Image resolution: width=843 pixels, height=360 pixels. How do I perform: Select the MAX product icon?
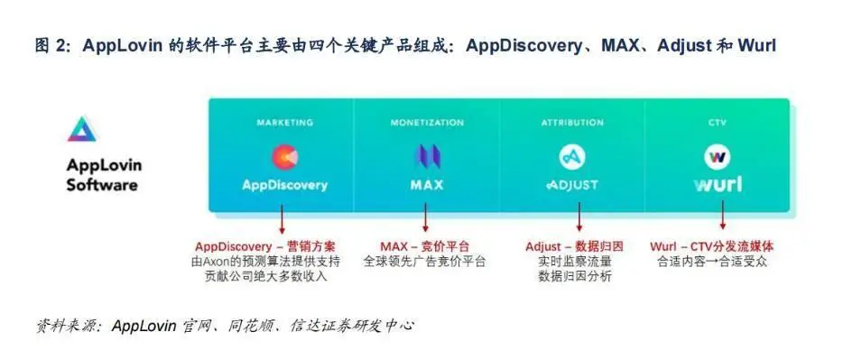point(427,157)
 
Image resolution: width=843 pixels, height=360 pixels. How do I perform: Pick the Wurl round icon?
point(718,157)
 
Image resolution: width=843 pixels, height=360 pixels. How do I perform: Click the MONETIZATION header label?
point(427,122)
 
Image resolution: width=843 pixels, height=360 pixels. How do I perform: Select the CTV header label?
point(718,122)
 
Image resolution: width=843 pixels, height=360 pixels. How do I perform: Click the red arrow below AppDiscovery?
point(283,219)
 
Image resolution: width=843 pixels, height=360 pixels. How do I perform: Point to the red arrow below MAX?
point(426,219)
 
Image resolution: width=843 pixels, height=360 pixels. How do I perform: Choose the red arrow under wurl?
point(722,219)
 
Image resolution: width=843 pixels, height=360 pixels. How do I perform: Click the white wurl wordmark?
point(718,184)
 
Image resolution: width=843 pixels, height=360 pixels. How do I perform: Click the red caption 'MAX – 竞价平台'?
point(424,246)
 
